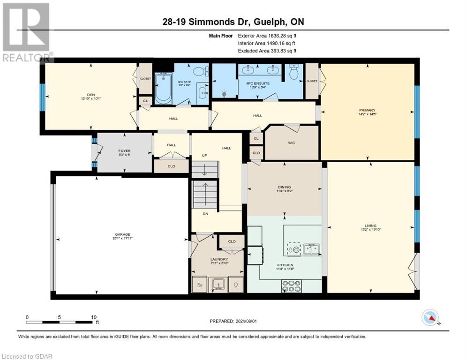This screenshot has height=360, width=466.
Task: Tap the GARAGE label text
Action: click(122, 235)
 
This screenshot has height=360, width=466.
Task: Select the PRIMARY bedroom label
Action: click(367, 110)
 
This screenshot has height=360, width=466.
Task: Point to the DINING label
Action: click(284, 187)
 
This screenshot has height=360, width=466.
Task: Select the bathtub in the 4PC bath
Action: click(163, 88)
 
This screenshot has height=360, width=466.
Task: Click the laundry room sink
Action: click(218, 284)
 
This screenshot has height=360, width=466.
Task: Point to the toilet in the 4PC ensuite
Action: click(294, 72)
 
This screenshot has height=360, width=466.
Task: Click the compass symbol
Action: click(430, 317)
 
